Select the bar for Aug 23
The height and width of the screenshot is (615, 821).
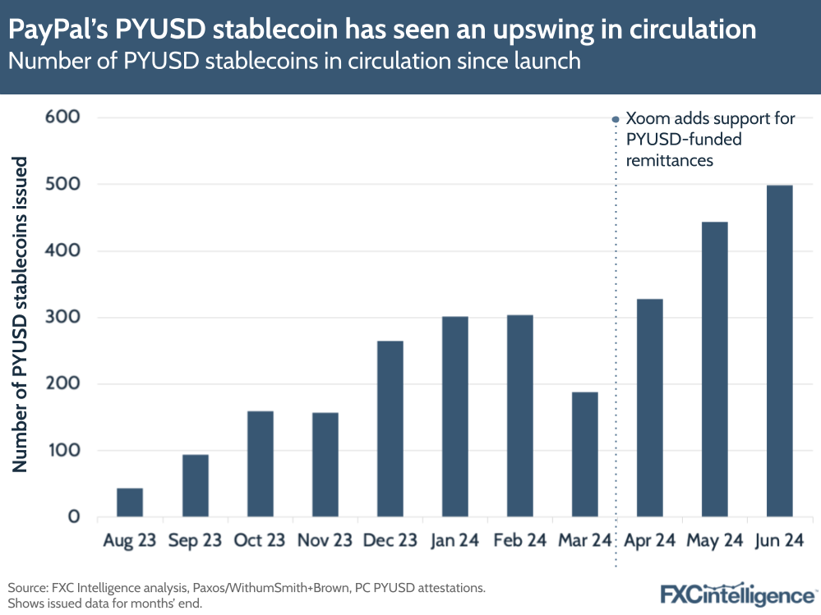pyautogui.click(x=130, y=503)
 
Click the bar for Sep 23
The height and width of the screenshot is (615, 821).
pyautogui.click(x=195, y=485)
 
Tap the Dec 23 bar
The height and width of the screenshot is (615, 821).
pyautogui.click(x=390, y=429)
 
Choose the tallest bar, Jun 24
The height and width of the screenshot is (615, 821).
pyautogui.click(x=779, y=351)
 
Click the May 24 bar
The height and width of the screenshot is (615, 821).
pyautogui.click(x=714, y=369)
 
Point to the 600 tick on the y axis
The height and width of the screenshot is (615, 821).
pyautogui.click(x=62, y=117)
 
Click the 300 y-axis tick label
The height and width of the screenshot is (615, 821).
pyautogui.click(x=62, y=317)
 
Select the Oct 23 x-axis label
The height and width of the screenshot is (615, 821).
pyautogui.click(x=260, y=541)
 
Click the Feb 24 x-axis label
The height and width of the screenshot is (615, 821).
pyautogui.click(x=520, y=541)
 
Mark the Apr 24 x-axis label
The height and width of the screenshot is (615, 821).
pyautogui.click(x=649, y=541)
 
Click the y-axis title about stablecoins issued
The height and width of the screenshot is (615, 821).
pyautogui.click(x=21, y=314)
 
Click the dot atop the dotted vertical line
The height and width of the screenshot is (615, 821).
pyautogui.click(x=616, y=119)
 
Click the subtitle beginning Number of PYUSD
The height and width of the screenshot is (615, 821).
pyautogui.click(x=294, y=62)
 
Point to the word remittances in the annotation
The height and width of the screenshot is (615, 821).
pyautogui.click(x=669, y=160)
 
